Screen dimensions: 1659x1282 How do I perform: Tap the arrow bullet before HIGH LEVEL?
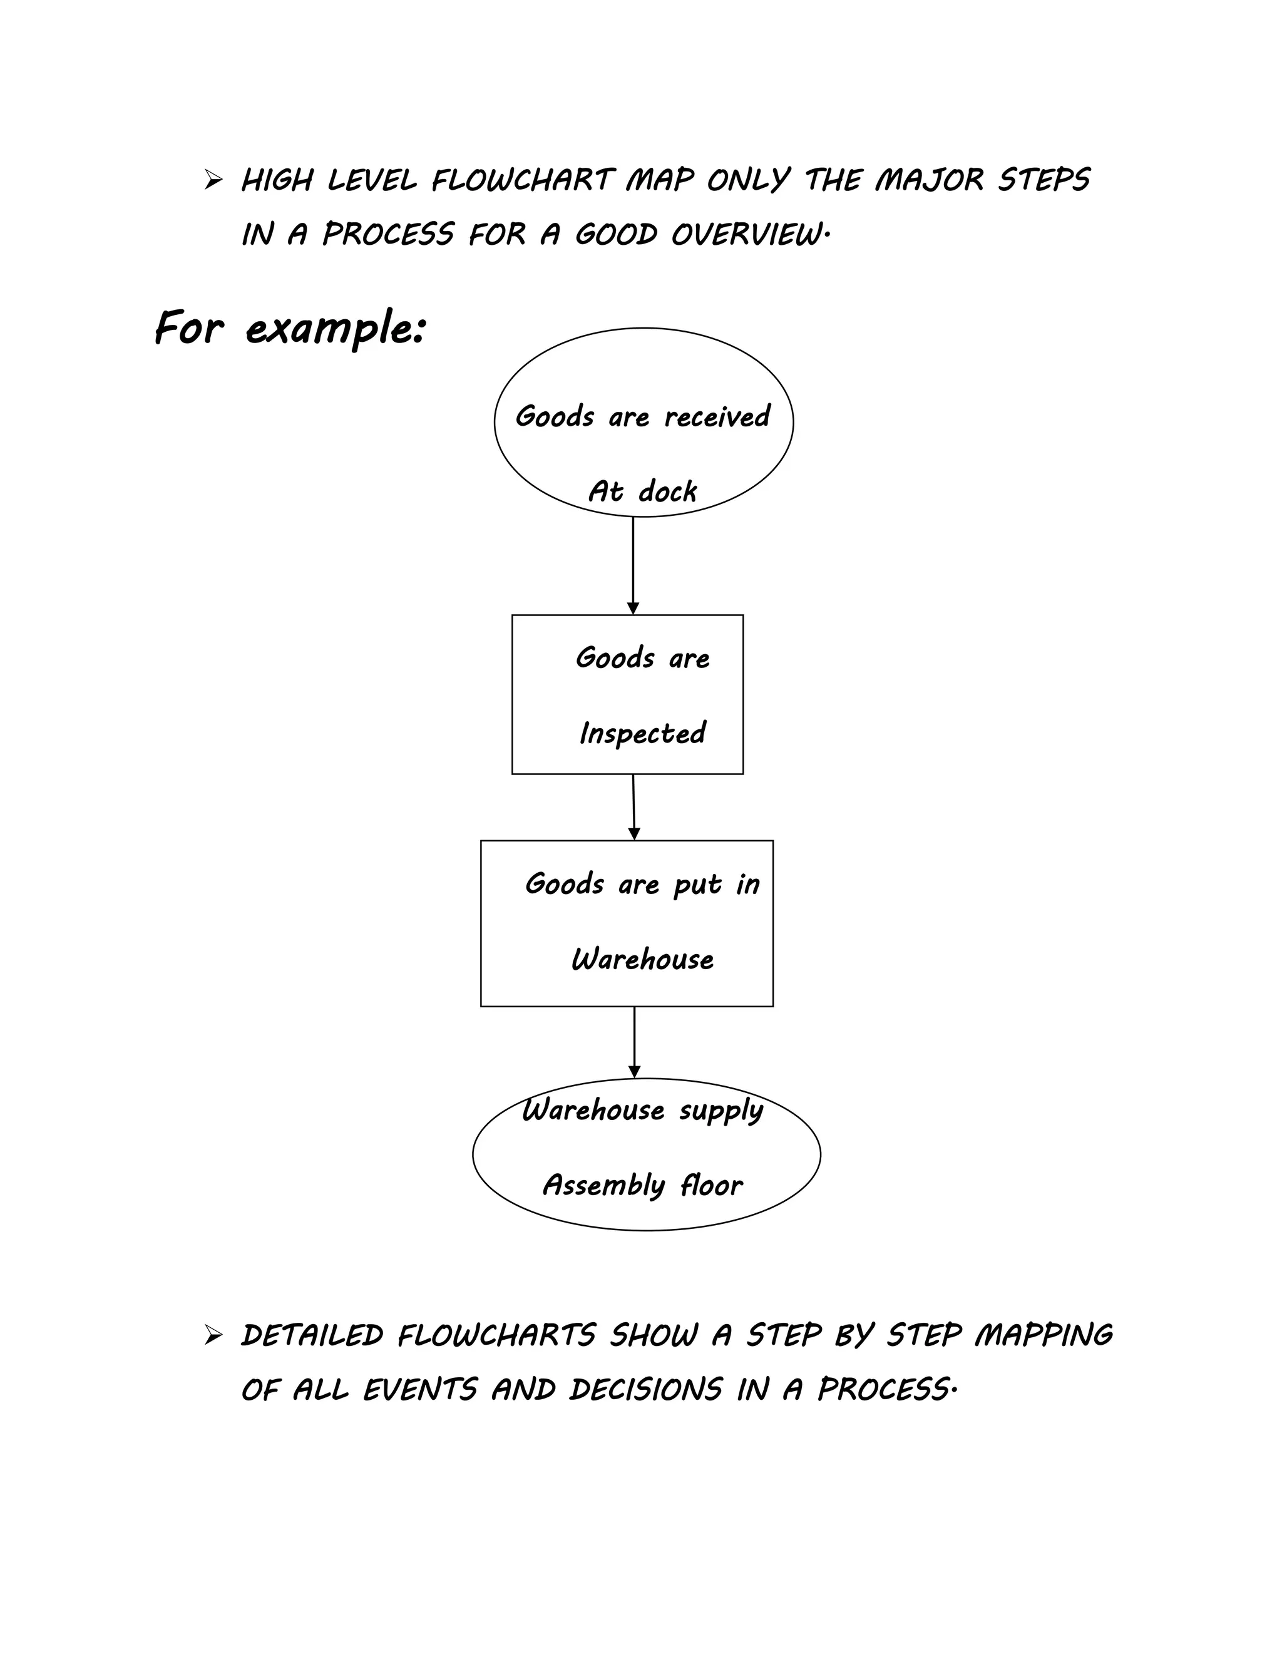(213, 181)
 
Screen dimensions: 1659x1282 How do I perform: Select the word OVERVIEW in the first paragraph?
(746, 235)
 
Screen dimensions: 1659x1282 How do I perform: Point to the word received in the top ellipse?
(717, 417)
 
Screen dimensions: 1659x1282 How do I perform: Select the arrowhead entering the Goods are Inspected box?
(633, 609)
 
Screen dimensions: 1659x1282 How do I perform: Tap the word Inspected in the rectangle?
(642, 733)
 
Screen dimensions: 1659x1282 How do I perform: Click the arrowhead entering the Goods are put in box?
(634, 834)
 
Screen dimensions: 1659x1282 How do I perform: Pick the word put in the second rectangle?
(697, 885)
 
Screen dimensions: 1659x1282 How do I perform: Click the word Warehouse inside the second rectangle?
(642, 959)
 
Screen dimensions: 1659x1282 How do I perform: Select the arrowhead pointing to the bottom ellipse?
(634, 1072)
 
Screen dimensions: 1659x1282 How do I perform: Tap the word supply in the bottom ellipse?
(720, 1111)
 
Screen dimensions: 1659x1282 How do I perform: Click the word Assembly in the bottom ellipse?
(604, 1186)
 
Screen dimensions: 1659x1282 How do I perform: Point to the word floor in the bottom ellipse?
(711, 1185)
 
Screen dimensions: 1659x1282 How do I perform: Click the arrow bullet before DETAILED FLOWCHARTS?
(213, 1335)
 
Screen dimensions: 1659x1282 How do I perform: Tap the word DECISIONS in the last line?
(645, 1390)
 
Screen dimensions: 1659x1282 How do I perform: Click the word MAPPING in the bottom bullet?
(1044, 1336)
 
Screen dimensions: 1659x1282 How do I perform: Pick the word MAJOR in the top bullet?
(929, 181)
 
